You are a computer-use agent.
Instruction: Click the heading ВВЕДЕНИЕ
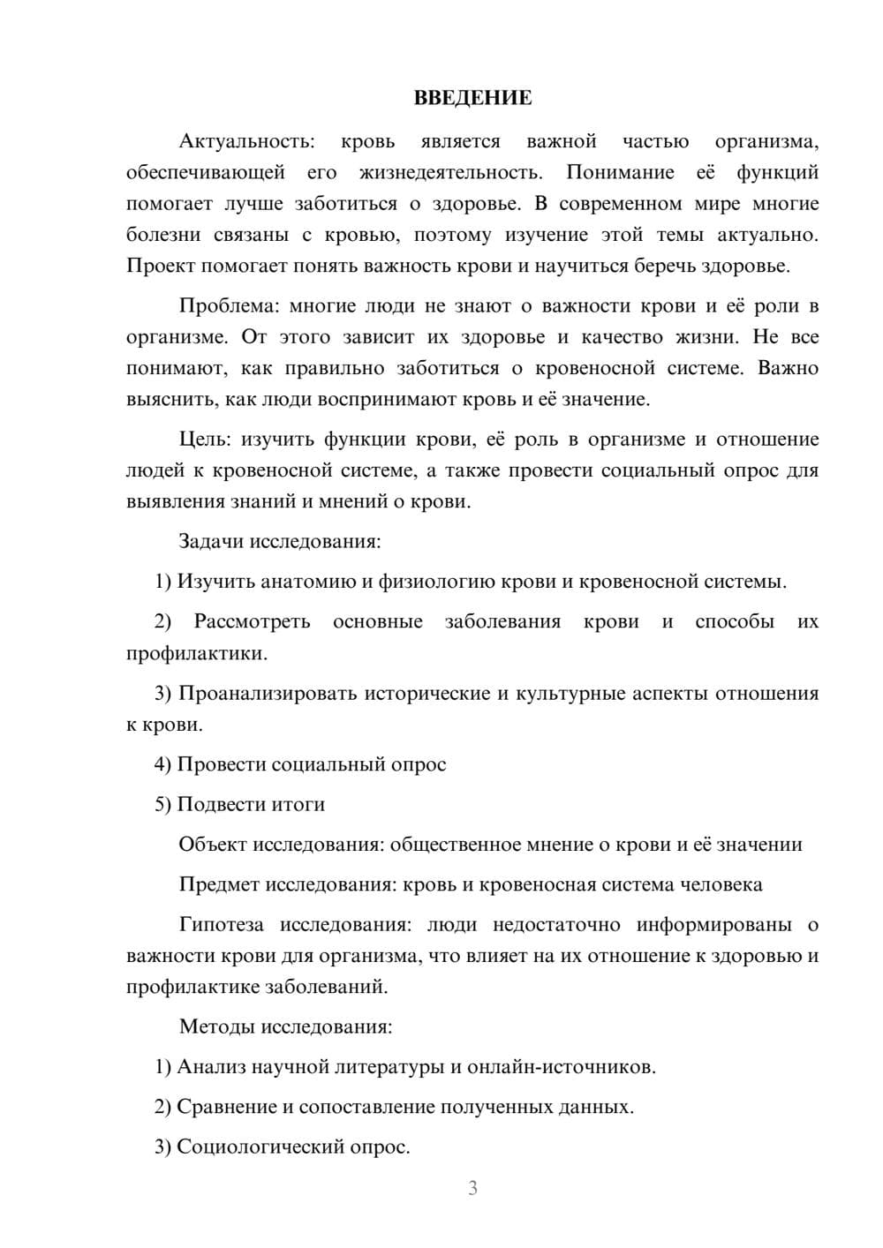tap(472, 98)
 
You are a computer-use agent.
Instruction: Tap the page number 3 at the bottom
tap(472, 1188)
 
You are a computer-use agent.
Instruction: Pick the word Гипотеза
tap(221, 925)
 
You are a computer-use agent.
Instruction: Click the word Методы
tap(212, 1026)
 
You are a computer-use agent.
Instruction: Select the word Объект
tap(213, 845)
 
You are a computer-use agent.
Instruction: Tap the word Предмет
tap(219, 884)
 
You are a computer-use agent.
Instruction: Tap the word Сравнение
tap(226, 1107)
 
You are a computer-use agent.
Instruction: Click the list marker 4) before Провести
tap(162, 764)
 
